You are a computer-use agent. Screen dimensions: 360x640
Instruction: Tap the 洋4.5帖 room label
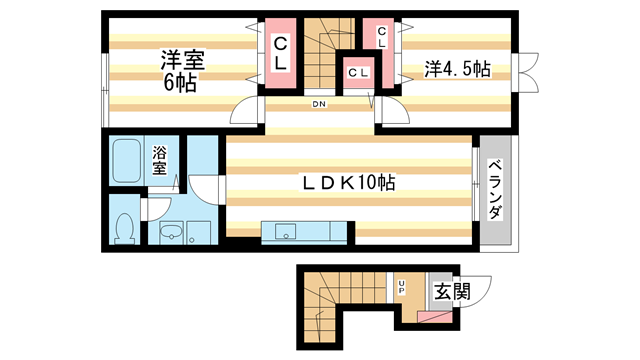tap(455, 70)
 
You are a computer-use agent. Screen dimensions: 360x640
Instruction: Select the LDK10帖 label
tap(348, 184)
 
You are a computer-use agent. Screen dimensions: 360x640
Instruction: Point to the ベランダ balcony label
tap(495, 192)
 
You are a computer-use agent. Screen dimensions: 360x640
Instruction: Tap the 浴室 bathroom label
tap(160, 161)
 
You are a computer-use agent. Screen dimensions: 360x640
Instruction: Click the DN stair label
tap(318, 103)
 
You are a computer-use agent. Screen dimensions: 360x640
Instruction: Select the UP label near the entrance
tap(402, 287)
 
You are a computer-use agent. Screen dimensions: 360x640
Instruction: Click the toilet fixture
tap(125, 229)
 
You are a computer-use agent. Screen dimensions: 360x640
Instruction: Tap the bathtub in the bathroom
tap(126, 160)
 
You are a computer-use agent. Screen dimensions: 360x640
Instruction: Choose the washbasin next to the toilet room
tap(171, 234)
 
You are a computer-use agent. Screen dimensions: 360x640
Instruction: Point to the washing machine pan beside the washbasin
tap(200, 232)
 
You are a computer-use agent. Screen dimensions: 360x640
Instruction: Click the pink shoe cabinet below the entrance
tap(437, 317)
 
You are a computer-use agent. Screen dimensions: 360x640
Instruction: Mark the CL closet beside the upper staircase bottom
tap(357, 72)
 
